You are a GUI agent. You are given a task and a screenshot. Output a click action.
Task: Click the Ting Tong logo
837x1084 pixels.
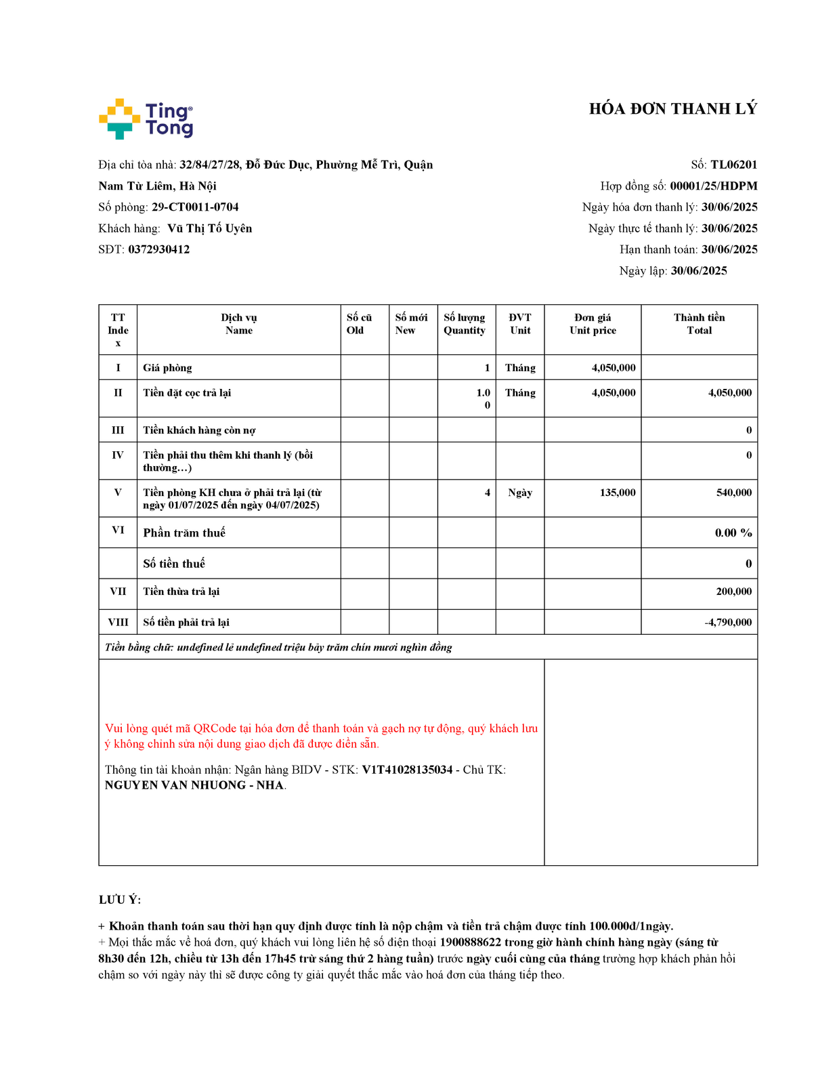tap(146, 119)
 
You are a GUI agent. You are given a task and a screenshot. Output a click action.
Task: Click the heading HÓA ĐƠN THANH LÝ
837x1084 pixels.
tap(672, 109)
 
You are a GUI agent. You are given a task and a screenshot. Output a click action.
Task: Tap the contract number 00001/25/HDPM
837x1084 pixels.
tap(713, 186)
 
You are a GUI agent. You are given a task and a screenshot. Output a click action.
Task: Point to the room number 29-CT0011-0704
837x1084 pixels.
tap(195, 207)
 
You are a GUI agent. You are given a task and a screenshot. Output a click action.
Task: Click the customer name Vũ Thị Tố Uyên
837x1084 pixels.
tap(210, 228)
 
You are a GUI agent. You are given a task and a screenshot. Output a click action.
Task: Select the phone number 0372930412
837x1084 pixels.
tap(159, 249)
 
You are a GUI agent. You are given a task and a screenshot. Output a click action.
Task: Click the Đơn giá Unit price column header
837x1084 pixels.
tap(593, 324)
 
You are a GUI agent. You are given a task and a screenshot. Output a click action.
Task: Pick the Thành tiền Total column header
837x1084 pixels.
tap(699, 324)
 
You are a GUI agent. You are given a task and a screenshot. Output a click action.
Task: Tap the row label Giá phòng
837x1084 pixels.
tap(167, 368)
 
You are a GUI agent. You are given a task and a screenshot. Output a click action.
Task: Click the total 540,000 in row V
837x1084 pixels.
tap(733, 493)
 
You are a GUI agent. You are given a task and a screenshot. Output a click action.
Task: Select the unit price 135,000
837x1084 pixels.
tap(617, 493)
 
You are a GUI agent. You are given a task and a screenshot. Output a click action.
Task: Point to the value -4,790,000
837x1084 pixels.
tap(728, 622)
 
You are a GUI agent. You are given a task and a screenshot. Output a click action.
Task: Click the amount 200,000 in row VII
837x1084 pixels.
tap(733, 591)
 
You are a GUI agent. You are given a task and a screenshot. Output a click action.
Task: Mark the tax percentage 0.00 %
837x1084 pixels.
tap(733, 533)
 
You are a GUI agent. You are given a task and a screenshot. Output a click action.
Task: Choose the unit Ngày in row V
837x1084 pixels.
tap(520, 493)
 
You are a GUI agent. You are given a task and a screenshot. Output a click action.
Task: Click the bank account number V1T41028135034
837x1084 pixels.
tap(407, 770)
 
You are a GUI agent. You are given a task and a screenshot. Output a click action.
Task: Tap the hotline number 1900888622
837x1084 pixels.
tap(470, 942)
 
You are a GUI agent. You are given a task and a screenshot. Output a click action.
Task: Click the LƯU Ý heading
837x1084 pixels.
tap(120, 900)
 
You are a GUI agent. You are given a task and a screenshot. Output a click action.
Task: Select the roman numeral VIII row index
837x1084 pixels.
tap(118, 622)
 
